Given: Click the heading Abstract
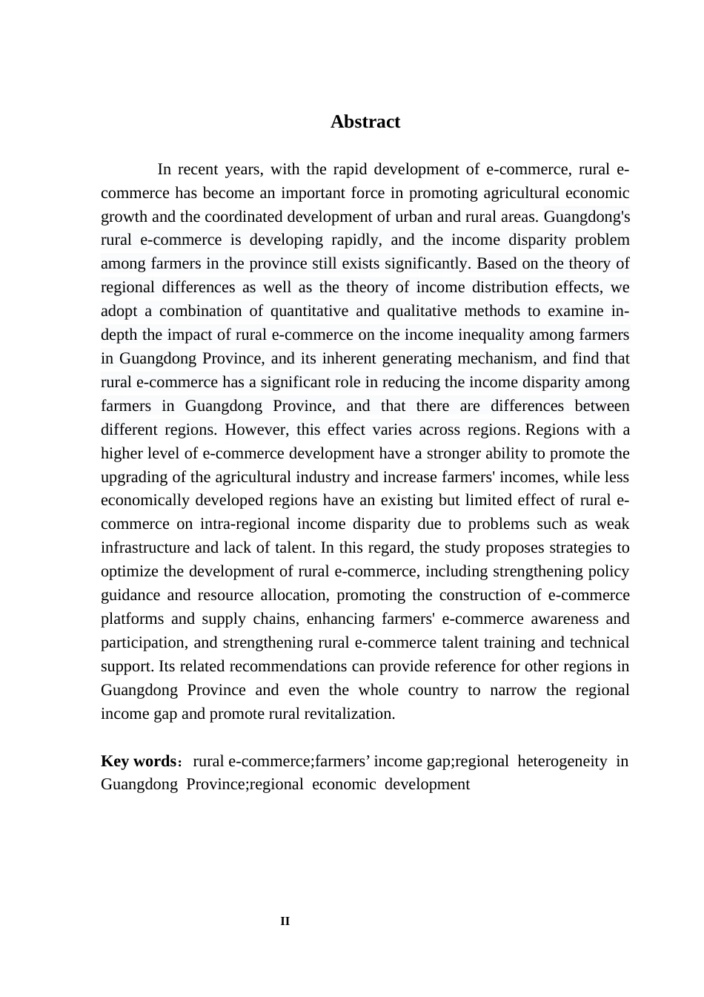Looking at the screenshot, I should pyautogui.click(x=365, y=122).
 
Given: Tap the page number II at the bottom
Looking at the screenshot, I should pyautogui.click(x=285, y=921).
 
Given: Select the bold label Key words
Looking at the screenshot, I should pyautogui.click(x=138, y=761).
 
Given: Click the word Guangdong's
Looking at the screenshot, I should pyautogui.click(x=587, y=217).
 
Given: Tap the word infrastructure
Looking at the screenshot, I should pyautogui.click(x=145, y=547).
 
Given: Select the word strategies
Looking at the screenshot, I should pyautogui.click(x=579, y=547).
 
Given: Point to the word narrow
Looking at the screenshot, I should pyautogui.click(x=514, y=690).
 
